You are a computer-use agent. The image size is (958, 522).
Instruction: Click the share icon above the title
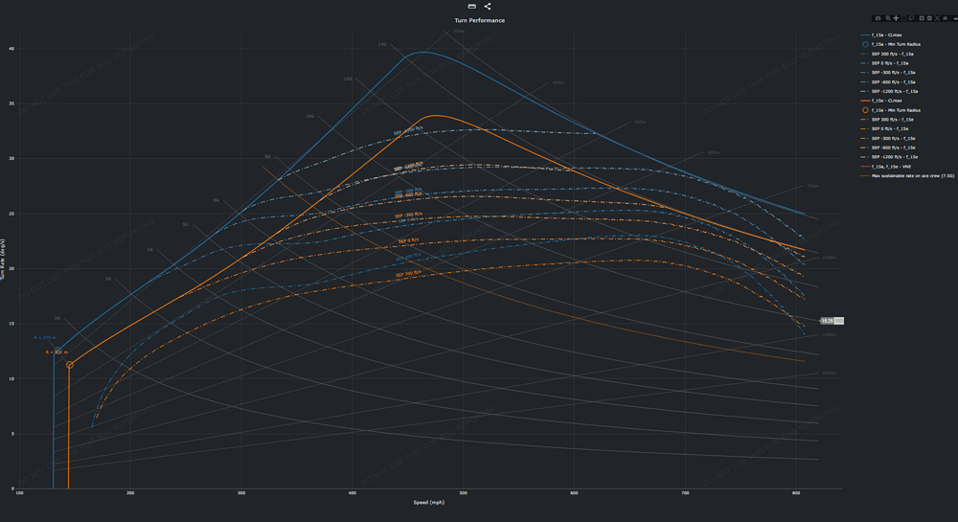coord(487,7)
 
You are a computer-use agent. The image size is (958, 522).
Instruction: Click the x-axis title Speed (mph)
coord(428,502)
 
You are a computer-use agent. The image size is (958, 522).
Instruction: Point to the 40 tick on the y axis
coord(11,49)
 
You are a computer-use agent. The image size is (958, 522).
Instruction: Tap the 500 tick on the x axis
coord(464,493)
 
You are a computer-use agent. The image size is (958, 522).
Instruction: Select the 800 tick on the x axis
coord(796,493)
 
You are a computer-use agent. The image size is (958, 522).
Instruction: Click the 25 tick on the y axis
coord(11,214)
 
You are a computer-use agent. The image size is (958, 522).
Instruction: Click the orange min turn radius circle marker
coord(70,365)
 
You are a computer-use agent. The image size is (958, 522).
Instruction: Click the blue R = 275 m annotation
coord(45,338)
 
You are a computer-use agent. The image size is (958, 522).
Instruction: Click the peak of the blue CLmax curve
coord(422,53)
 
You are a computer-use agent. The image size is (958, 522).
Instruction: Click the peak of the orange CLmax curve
coord(436,115)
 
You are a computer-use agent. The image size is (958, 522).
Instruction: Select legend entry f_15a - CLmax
coord(887,34)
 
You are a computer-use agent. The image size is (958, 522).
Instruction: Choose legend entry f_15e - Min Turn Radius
coord(897,110)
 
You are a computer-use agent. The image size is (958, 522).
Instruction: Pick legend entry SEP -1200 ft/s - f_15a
coord(894,91)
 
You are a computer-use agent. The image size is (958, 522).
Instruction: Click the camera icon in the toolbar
coord(878,18)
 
